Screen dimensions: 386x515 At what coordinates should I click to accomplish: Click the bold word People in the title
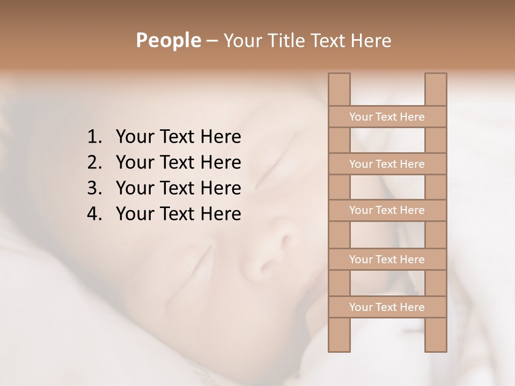pos(168,41)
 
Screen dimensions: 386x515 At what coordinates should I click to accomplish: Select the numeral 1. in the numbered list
pos(94,137)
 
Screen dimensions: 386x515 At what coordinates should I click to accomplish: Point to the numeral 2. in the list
pos(94,162)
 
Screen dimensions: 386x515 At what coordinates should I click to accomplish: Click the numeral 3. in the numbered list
pos(94,188)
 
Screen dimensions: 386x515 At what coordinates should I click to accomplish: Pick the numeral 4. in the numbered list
pos(94,214)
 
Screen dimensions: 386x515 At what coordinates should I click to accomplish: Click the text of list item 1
pos(178,137)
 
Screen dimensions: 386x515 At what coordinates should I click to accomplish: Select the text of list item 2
pos(178,162)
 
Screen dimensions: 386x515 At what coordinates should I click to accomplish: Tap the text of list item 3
pos(178,188)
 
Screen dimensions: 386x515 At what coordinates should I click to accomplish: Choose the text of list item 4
pos(178,214)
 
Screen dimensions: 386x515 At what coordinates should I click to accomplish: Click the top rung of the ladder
pos(387,117)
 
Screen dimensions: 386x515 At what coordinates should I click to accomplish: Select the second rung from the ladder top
pos(387,164)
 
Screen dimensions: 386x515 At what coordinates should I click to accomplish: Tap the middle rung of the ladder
pos(387,211)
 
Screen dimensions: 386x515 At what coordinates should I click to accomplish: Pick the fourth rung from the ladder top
pos(387,259)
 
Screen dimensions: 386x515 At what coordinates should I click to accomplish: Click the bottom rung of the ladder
pos(387,307)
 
